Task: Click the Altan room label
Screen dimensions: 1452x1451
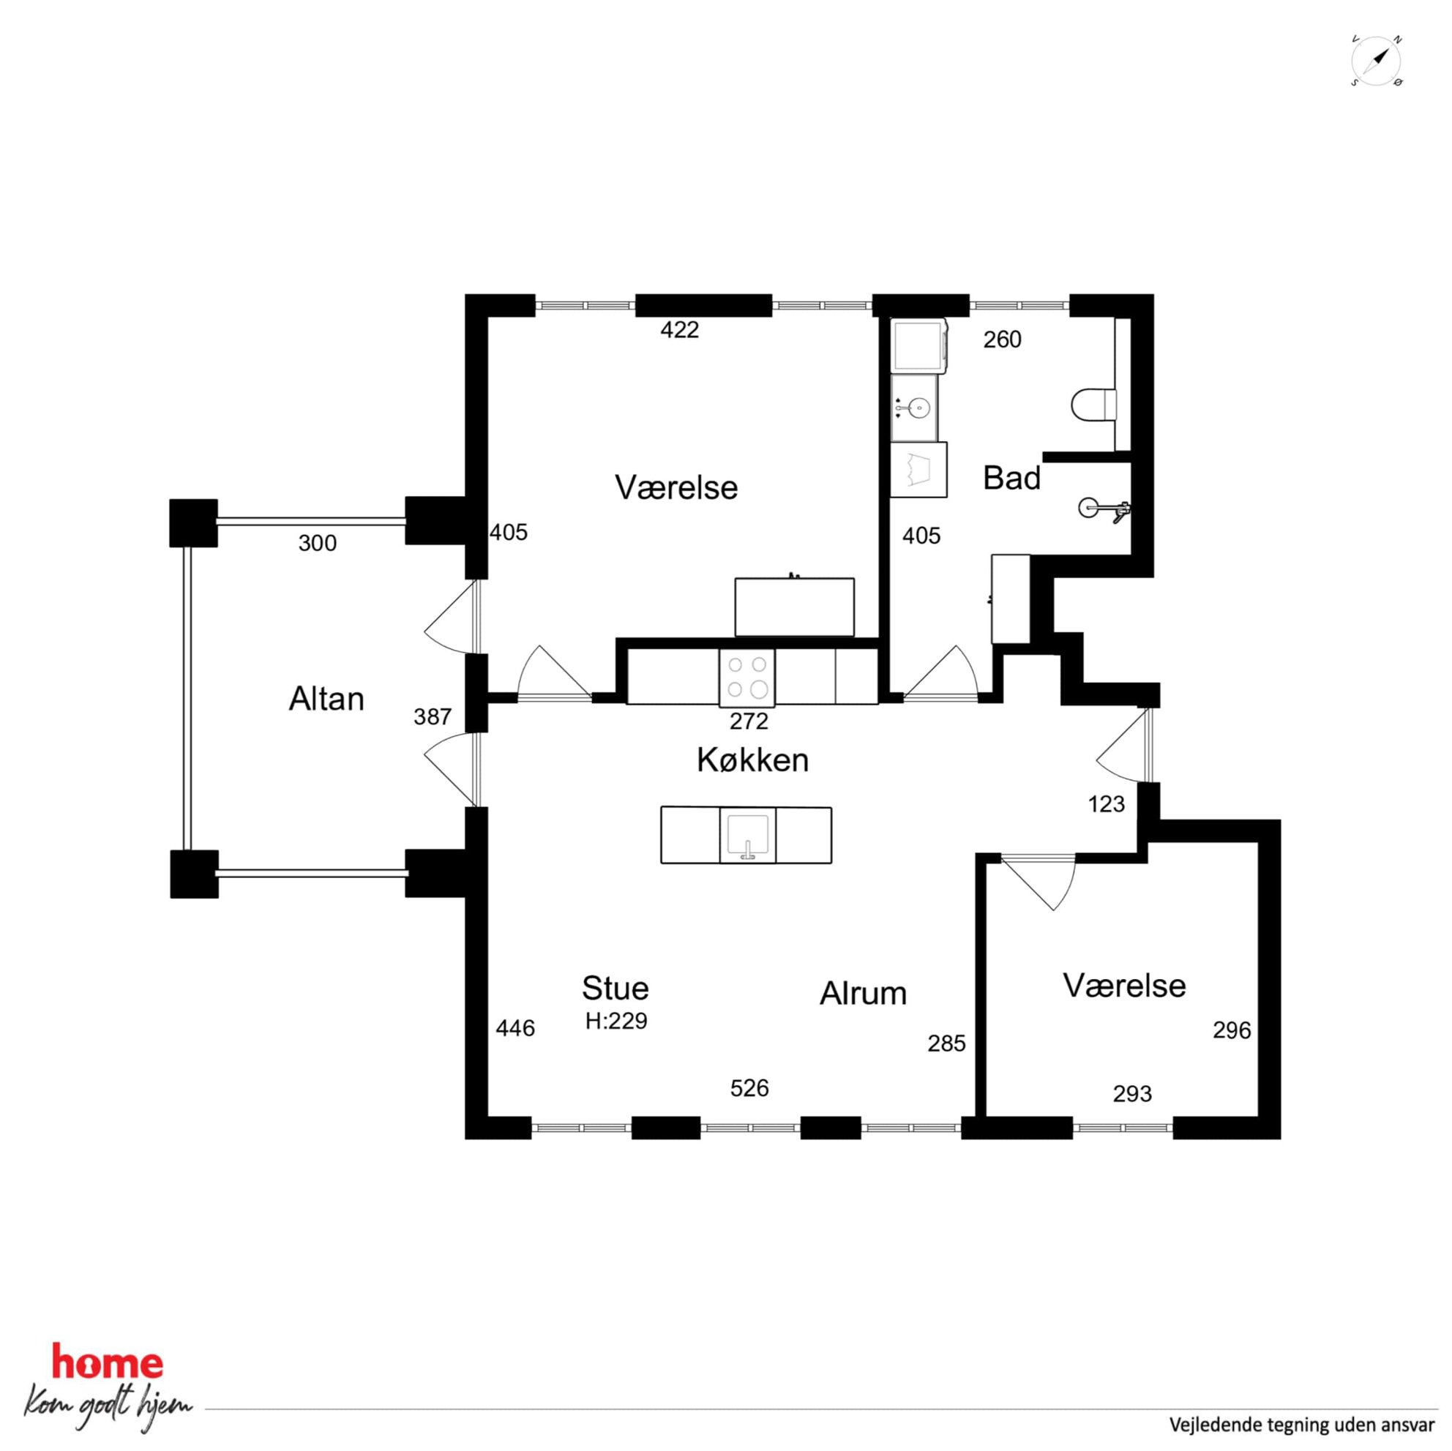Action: [x=326, y=700]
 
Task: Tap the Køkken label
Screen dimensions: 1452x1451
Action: [x=752, y=760]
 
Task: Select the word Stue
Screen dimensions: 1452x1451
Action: [x=615, y=988]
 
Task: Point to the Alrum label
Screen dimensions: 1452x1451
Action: [x=863, y=994]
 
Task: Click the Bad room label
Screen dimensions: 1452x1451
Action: [x=1011, y=478]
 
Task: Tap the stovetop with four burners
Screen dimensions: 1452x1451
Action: [x=748, y=678]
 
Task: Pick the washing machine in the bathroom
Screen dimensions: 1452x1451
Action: [x=918, y=345]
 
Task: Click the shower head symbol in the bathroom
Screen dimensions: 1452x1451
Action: [x=1105, y=509]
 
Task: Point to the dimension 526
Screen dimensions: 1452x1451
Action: [x=749, y=1088]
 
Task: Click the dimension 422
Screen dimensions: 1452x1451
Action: [x=679, y=329]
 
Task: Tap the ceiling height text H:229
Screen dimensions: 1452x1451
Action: [x=616, y=1021]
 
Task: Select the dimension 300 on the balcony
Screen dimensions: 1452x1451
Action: [x=317, y=542]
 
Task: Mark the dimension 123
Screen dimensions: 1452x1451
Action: [x=1107, y=804]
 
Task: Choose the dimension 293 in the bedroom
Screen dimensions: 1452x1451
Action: [x=1132, y=1093]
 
